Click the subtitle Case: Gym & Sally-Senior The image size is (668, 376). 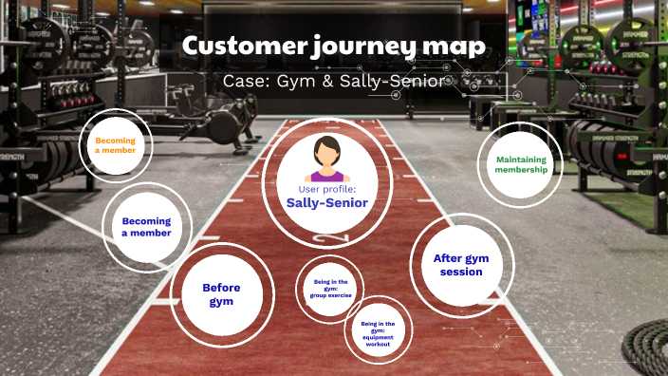click(x=333, y=81)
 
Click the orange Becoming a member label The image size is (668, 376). click(x=115, y=145)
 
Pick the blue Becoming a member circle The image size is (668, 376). click(x=146, y=227)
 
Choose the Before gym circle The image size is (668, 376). click(x=221, y=294)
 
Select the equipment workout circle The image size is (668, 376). click(x=378, y=332)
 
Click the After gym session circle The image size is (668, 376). click(x=461, y=265)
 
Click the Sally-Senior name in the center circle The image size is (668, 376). click(x=326, y=202)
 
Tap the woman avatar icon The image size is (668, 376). click(x=327, y=159)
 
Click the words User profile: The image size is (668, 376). click(x=326, y=189)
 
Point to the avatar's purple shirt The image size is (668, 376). click(x=327, y=175)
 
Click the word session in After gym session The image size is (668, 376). click(x=461, y=272)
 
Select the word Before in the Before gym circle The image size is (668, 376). click(x=221, y=288)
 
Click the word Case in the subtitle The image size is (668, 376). click(x=242, y=81)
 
